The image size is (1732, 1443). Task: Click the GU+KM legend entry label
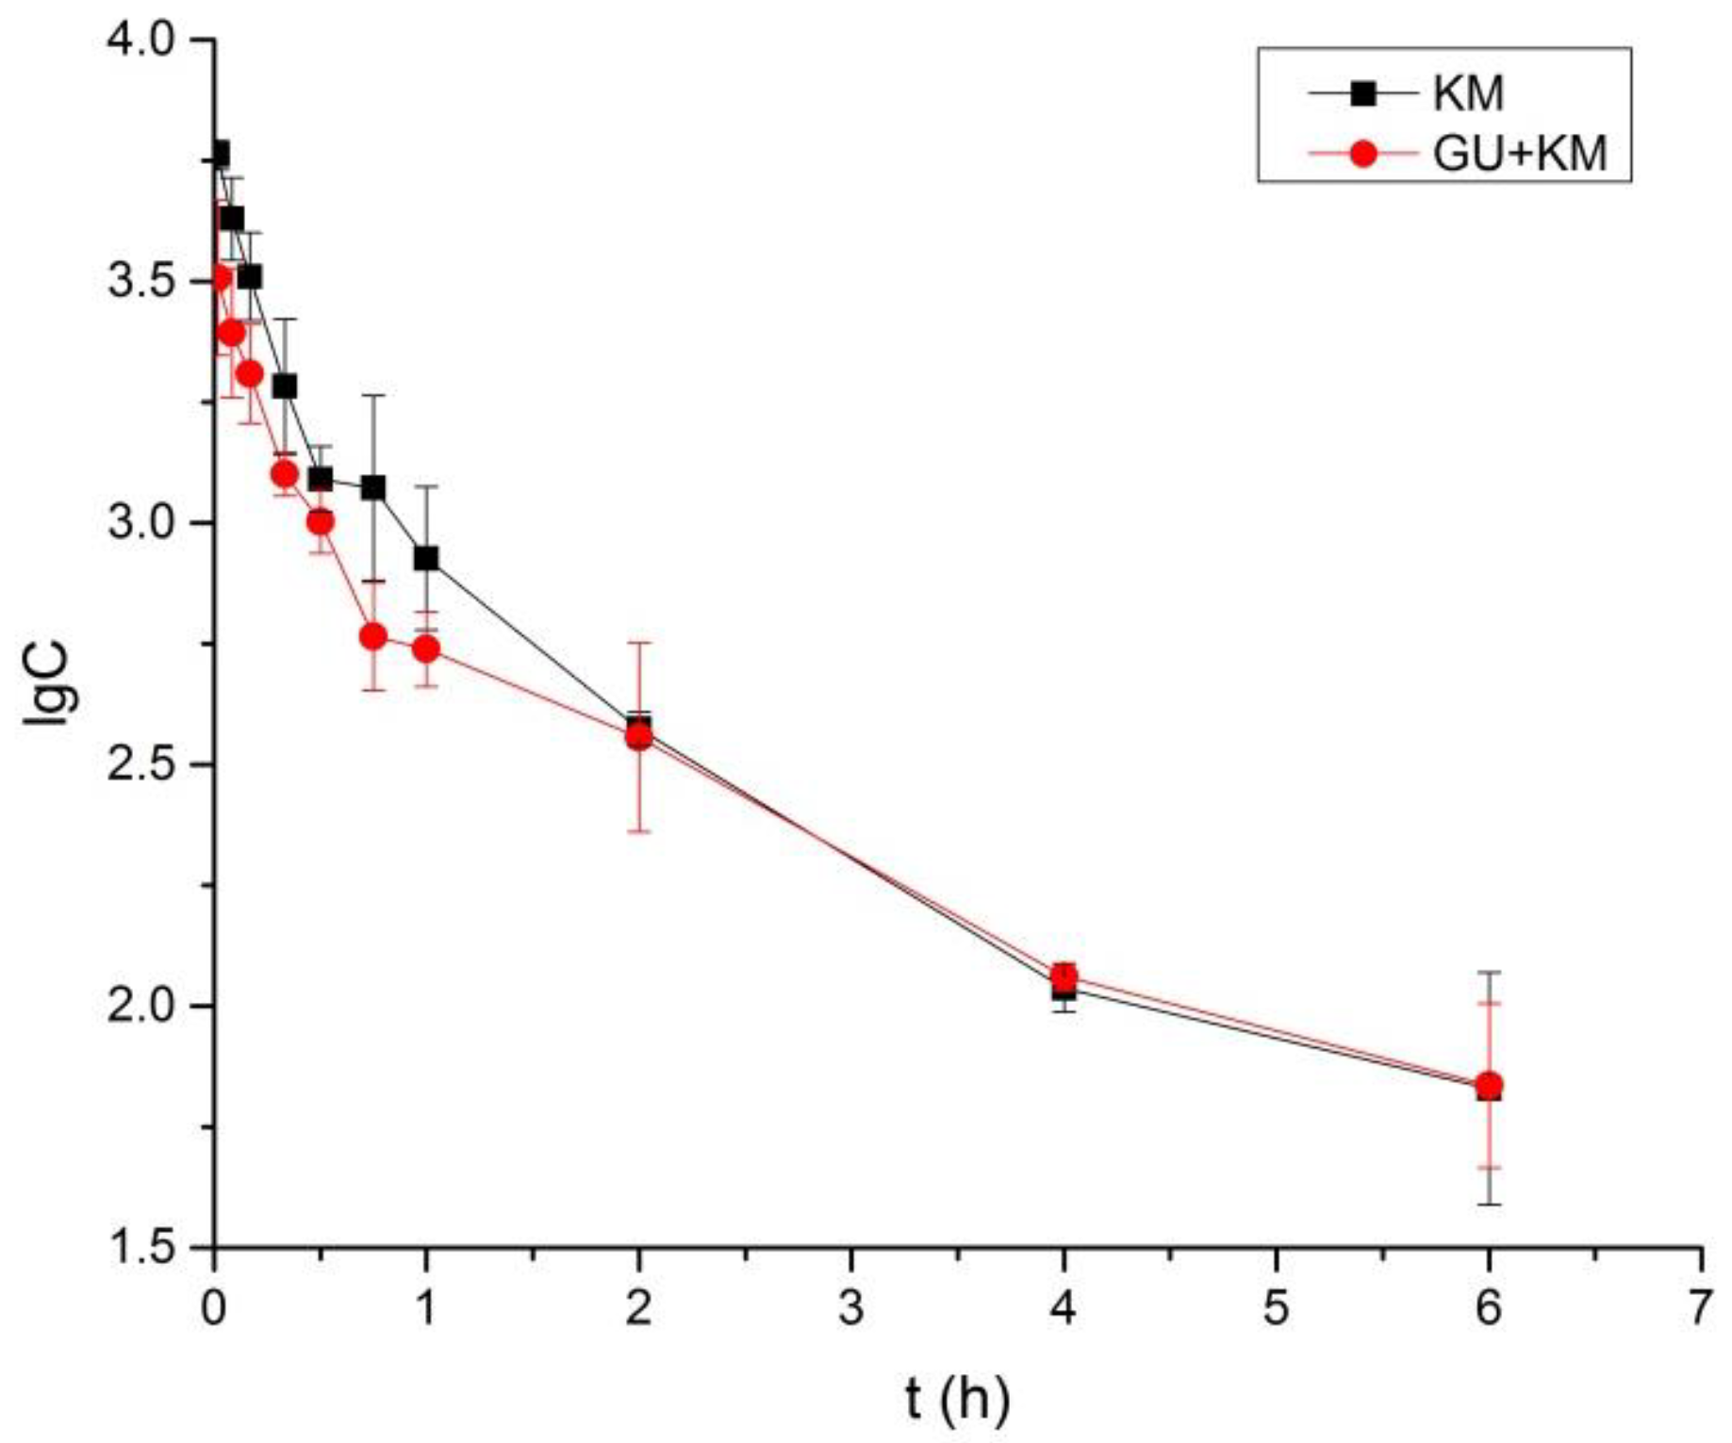[x=1520, y=154]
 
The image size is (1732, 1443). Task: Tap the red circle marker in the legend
[x=1361, y=154]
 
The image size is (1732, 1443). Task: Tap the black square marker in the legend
[x=1361, y=93]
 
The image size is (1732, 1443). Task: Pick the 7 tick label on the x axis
[x=1700, y=1309]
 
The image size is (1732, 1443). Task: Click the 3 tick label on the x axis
[x=851, y=1309]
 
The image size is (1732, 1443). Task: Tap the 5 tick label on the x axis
[x=1276, y=1309]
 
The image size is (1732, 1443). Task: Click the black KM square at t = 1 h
[x=426, y=559]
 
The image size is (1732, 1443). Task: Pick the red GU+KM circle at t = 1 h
[x=426, y=648]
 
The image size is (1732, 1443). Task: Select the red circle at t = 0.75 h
[x=373, y=636]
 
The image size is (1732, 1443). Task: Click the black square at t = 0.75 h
[x=373, y=487]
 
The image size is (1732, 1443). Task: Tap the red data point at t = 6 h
[x=1489, y=1084]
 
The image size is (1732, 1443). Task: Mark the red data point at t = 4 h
[x=1064, y=976]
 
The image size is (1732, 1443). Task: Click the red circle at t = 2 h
[x=639, y=735]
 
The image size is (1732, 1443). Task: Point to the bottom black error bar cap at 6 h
[x=1489, y=1204]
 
